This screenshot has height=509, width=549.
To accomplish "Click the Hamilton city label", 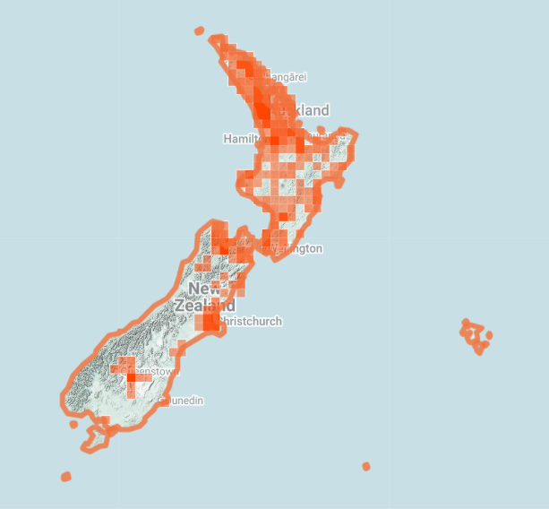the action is pos(241,139).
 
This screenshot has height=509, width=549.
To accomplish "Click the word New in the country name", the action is pos(203,289).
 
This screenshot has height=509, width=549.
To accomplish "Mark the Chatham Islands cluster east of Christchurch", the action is pos(475,336).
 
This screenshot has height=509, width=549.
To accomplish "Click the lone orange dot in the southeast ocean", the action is pos(366,466).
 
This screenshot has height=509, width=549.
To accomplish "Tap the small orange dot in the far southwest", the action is pos(65,477).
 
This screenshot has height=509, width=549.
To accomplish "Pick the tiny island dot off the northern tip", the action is pos(199,30).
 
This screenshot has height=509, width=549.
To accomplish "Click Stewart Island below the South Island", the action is pos(95,438).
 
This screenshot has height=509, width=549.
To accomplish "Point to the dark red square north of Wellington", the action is pos(283,216).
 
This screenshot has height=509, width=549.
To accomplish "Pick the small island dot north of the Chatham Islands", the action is pos(466,322).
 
